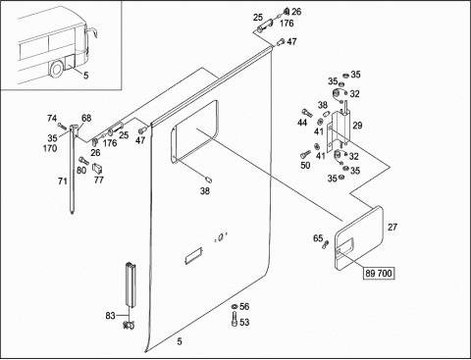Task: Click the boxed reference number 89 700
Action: click(x=379, y=273)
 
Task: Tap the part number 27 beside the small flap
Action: click(x=392, y=227)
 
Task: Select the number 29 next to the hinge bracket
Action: click(x=357, y=126)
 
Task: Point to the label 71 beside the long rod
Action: click(x=63, y=180)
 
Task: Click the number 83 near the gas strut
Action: click(x=110, y=316)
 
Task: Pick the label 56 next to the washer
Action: click(x=244, y=306)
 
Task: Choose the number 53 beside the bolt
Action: click(x=244, y=323)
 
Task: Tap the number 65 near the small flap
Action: click(x=318, y=238)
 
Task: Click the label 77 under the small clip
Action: click(x=99, y=180)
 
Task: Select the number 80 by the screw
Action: click(x=81, y=170)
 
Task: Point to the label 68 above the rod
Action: click(x=86, y=118)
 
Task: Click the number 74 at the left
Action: click(x=52, y=118)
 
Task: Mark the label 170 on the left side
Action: click(x=50, y=148)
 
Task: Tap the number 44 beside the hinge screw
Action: click(x=302, y=123)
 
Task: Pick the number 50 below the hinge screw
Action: click(x=305, y=165)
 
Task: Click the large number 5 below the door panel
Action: click(x=180, y=341)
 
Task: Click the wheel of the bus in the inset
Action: click(x=57, y=70)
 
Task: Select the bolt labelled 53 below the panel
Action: click(x=235, y=319)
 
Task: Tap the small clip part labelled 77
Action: click(x=97, y=169)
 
